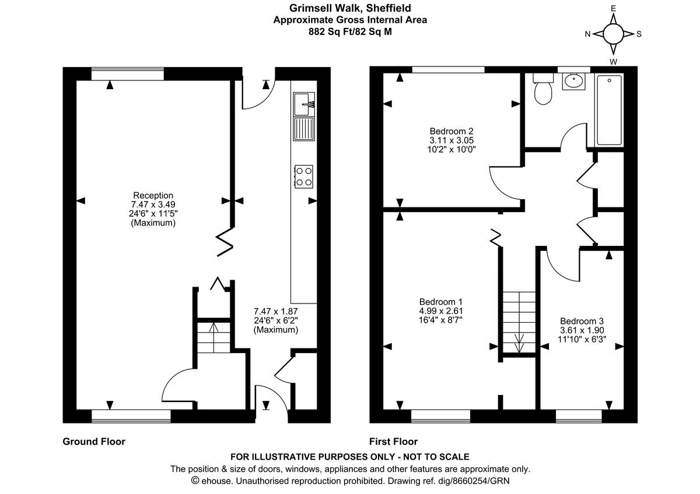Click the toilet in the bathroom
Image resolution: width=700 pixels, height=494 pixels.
pos(543,89)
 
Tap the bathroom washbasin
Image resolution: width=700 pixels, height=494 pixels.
pos(573,82)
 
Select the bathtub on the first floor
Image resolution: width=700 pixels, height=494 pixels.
pos(609,110)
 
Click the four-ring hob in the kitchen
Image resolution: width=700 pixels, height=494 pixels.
pos(304,177)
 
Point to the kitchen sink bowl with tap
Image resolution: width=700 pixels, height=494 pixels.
pos(304,104)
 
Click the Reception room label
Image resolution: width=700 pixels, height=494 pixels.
pos(153,195)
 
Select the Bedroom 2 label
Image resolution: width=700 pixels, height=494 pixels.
pos(452,131)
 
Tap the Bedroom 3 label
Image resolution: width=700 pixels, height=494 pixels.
pos(582,321)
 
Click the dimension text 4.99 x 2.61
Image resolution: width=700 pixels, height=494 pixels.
pos(441,311)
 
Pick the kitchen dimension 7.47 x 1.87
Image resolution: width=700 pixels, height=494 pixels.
pos(275,312)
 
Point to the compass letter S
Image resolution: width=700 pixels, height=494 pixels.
pos(639,34)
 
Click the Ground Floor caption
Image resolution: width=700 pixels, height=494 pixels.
pos(94,442)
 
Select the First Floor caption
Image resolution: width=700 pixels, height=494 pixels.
pos(393,442)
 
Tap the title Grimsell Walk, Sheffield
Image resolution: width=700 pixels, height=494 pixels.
pos(350,8)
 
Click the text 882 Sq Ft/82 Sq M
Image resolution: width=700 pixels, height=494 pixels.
pos(350,31)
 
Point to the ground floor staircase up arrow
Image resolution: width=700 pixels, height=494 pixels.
pos(213,338)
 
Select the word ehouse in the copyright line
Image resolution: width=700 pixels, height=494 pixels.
pos(217,481)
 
